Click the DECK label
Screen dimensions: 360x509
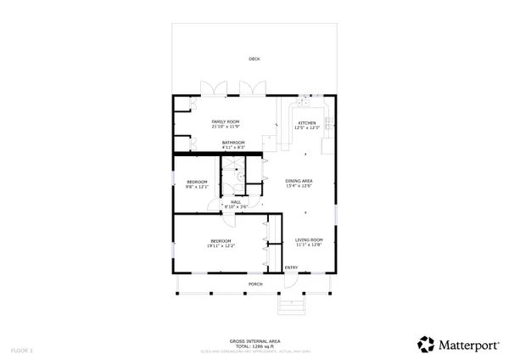pos(255,59)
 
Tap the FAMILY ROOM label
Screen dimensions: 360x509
pos(226,122)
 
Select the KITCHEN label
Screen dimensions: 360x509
pos(306,123)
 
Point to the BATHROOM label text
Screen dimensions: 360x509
pos(233,143)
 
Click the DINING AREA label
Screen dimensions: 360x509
pos(299,181)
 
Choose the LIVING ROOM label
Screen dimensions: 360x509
pos(309,240)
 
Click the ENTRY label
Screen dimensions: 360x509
pos(291,268)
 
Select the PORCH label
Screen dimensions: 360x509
pos(255,284)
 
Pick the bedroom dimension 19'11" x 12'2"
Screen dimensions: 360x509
pos(222,245)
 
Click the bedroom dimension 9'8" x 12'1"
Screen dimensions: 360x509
pos(197,186)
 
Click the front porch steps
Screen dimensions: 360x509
pos(291,305)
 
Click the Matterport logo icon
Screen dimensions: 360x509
pos(426,344)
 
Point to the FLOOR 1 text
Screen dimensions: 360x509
pos(22,350)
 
